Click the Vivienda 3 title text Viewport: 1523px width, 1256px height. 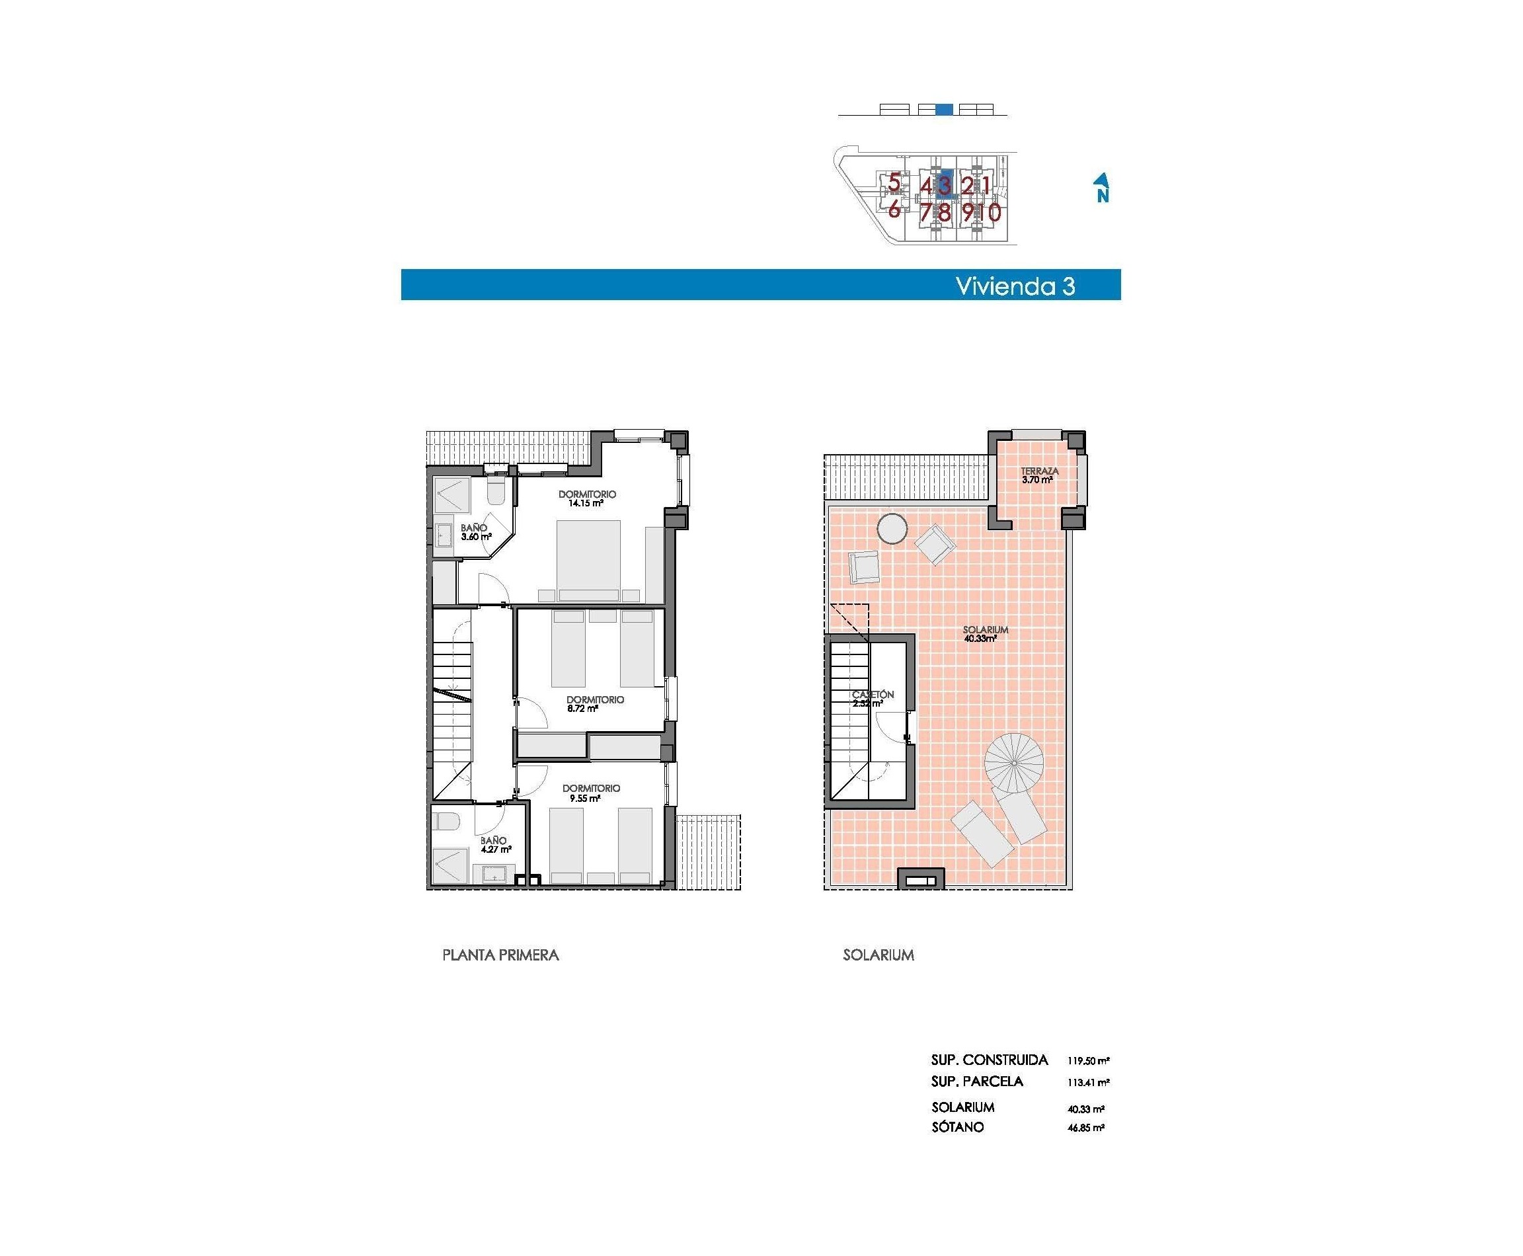point(1015,286)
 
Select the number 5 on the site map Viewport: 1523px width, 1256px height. point(894,182)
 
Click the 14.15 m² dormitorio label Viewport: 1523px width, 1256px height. point(587,498)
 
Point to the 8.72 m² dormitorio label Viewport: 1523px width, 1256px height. point(595,704)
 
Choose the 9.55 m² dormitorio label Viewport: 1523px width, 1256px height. point(591,793)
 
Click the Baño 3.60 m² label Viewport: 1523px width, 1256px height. point(475,533)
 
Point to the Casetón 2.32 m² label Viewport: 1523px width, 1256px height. point(872,699)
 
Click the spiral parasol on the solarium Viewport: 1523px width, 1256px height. point(1013,763)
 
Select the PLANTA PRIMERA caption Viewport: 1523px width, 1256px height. point(500,955)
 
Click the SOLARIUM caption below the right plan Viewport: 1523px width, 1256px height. point(878,955)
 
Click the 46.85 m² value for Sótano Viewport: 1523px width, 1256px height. point(1085,1127)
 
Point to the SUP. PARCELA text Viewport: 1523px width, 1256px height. point(977,1081)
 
